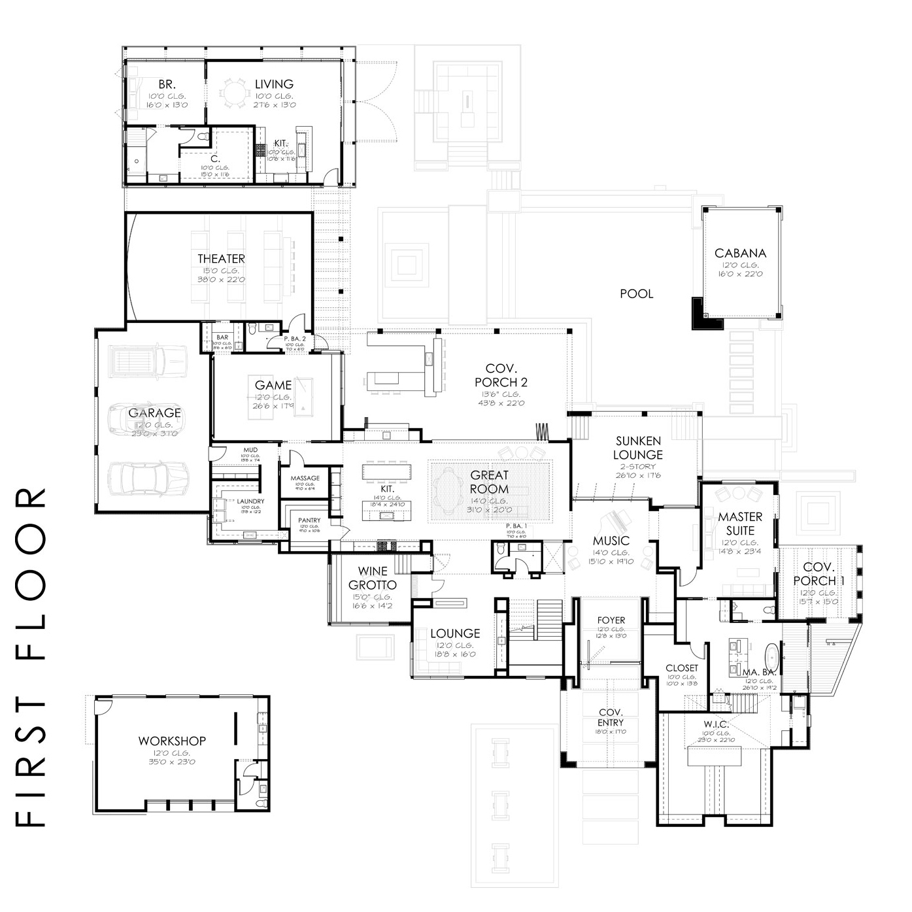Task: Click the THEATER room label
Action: click(222, 259)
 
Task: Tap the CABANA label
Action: click(740, 253)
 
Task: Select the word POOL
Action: click(636, 294)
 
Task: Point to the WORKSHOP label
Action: click(172, 741)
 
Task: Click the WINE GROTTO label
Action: click(373, 578)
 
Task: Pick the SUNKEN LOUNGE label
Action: click(638, 448)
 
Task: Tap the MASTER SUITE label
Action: click(740, 524)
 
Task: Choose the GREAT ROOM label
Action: click(489, 482)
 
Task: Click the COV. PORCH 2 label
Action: click(501, 375)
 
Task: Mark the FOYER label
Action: click(611, 620)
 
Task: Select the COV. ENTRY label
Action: click(611, 717)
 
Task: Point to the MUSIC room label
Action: click(611, 541)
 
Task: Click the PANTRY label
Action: click(309, 520)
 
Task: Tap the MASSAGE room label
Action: click(305, 478)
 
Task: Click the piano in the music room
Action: click(617, 520)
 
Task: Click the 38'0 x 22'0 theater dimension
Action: click(222, 280)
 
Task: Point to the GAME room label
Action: click(273, 385)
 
